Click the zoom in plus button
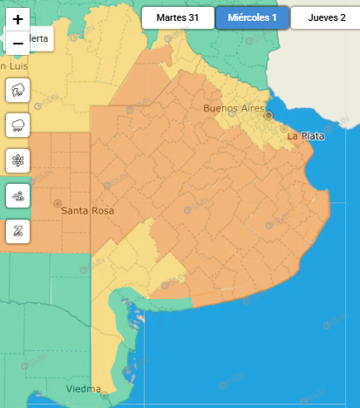pos(18,19)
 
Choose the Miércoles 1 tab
pos(252,17)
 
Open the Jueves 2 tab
pos(325,17)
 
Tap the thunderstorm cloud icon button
pos(18,90)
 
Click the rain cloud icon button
pos(18,125)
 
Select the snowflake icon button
pos(18,160)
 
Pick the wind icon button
pos(18,196)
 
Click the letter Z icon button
pos(18,231)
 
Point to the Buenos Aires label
pos(233,108)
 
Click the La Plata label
pos(305,136)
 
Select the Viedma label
pos(84,389)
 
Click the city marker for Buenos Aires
pos(269,115)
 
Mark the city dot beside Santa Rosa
pos(58,203)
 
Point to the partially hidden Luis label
pos(16,65)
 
